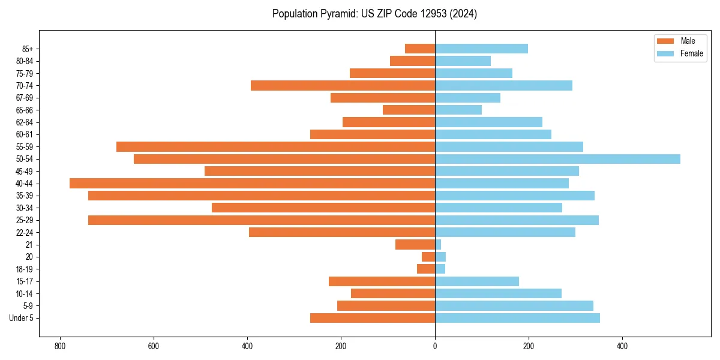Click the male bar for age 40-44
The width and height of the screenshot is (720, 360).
click(252, 184)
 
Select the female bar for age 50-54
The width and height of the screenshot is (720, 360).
click(557, 159)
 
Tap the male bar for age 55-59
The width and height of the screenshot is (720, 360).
click(275, 146)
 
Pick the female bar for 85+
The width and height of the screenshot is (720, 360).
click(481, 49)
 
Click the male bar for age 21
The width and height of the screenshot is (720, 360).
click(415, 245)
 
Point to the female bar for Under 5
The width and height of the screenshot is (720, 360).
click(517, 318)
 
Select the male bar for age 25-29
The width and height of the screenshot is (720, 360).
click(262, 220)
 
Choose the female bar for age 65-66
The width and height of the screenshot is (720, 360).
click(458, 110)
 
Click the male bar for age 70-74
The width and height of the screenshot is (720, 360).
click(343, 85)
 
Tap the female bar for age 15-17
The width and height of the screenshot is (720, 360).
click(477, 281)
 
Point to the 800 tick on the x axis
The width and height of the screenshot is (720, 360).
click(60, 346)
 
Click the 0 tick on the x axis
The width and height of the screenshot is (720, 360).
click(435, 346)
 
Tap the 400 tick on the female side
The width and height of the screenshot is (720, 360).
click(622, 346)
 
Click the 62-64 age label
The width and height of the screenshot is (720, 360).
click(24, 122)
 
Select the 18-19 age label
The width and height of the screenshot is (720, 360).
click(24, 269)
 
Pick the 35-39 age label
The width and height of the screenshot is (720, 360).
click(24, 196)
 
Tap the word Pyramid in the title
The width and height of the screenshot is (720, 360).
click(337, 14)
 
